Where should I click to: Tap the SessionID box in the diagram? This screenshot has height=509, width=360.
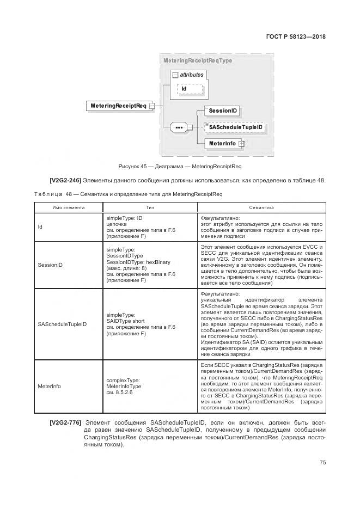point(222,111)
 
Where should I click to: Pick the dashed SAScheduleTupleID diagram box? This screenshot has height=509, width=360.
point(235,127)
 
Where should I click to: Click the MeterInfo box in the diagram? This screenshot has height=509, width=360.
point(222,144)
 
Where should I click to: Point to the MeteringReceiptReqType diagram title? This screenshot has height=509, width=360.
point(198,61)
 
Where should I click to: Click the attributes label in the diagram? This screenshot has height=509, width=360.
point(191,75)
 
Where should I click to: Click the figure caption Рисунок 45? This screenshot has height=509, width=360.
point(180,166)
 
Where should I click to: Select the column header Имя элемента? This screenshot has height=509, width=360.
point(69,207)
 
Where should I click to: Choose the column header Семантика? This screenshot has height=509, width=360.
point(261,207)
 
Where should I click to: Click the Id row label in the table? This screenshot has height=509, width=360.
point(40,227)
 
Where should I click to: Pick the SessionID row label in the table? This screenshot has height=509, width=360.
point(51,265)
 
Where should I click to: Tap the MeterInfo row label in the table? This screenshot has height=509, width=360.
point(50,387)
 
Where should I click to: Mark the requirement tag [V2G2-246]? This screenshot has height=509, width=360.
point(66,180)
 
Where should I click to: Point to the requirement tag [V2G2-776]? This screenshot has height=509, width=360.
point(66,422)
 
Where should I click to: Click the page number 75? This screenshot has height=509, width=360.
point(322,463)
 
